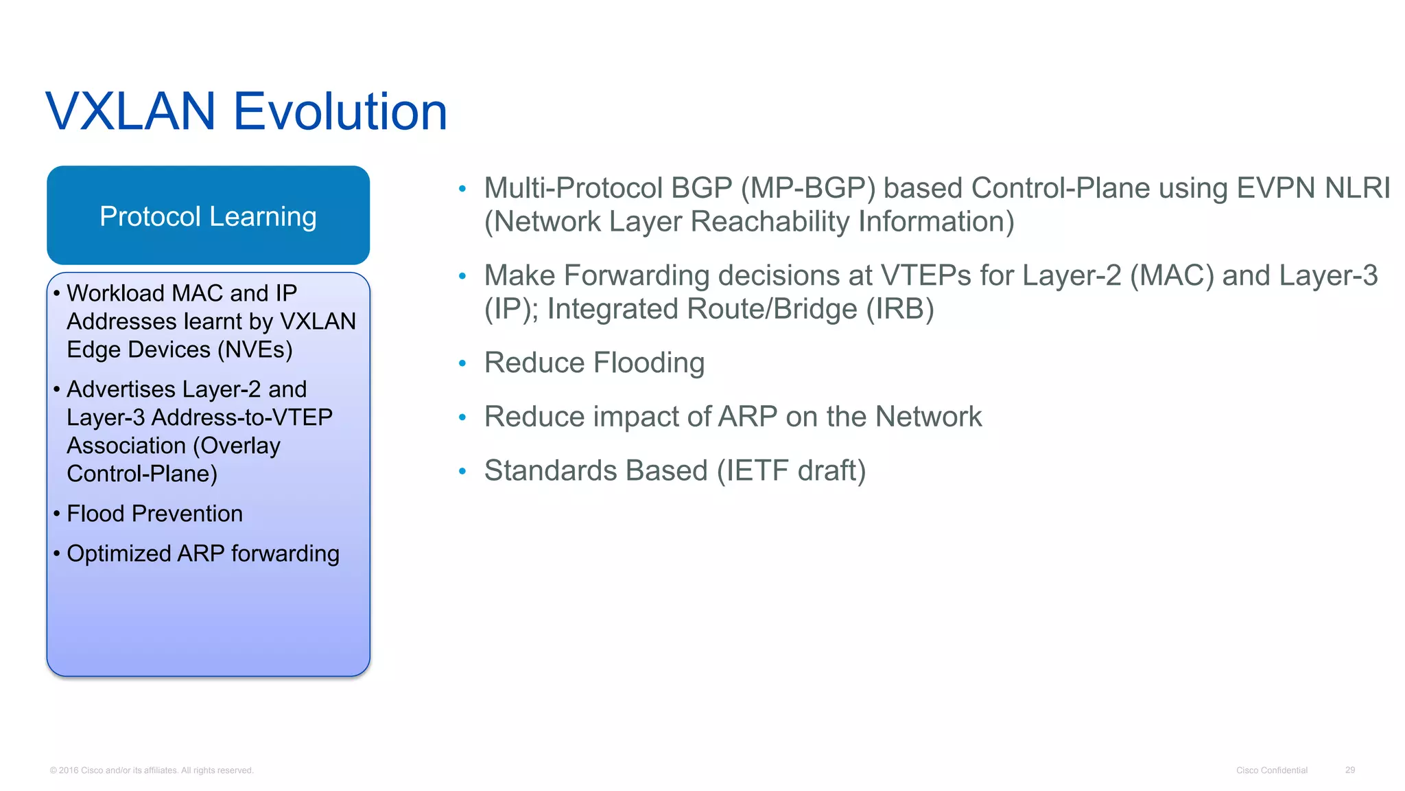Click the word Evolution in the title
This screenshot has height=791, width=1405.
point(340,111)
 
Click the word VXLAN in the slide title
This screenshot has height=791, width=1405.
point(130,111)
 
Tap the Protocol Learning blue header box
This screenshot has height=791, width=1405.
point(208,216)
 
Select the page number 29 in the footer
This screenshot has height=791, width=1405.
point(1349,770)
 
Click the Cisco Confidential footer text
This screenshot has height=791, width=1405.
point(1271,770)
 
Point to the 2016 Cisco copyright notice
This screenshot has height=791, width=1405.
point(152,770)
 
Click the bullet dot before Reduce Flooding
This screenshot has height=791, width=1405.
point(462,363)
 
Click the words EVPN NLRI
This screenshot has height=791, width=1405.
point(1312,188)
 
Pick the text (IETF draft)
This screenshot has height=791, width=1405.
point(791,471)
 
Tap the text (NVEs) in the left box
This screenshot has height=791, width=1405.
point(255,349)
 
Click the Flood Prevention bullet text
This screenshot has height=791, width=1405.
point(154,514)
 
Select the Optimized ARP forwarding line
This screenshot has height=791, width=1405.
point(202,553)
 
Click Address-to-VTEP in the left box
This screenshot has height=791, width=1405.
point(241,417)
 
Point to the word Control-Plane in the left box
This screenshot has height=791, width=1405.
point(141,474)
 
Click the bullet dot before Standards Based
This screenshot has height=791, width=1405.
point(462,471)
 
